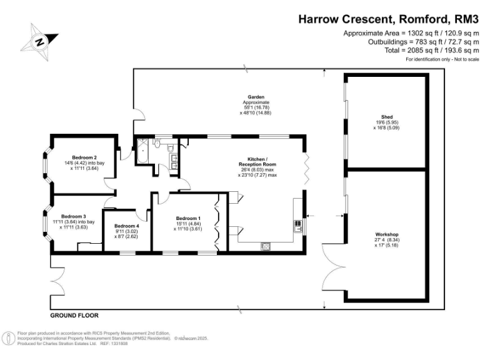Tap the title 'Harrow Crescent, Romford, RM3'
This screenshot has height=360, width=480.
click(x=387, y=19)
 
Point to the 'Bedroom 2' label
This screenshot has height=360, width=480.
click(x=84, y=157)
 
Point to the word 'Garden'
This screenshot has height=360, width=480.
click(x=256, y=97)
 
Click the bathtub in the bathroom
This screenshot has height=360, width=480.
click(x=142, y=151)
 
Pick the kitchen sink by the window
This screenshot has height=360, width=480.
click(x=297, y=224)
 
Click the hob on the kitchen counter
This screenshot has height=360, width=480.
click(x=266, y=244)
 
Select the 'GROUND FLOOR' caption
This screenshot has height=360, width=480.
click(x=74, y=316)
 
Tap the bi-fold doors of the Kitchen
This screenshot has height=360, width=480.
click(x=305, y=167)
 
